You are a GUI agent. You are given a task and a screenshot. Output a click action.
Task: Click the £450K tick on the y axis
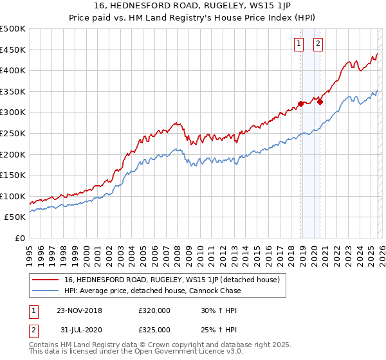click(13, 50)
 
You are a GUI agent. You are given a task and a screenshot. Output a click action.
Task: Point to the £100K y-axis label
click(13, 196)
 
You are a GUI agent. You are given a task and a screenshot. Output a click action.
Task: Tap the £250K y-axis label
click(13, 133)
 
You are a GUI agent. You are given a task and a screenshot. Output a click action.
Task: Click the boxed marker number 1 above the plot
click(300, 44)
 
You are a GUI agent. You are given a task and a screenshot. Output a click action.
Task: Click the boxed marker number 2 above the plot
click(318, 44)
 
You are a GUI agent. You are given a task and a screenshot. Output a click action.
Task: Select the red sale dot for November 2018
click(300, 104)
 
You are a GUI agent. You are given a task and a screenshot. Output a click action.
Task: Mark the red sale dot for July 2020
click(320, 101)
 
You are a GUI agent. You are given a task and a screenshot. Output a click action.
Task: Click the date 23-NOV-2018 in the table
click(79, 310)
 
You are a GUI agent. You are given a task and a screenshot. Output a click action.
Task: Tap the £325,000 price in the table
click(154, 329)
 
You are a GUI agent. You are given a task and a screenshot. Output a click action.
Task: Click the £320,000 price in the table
click(154, 310)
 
